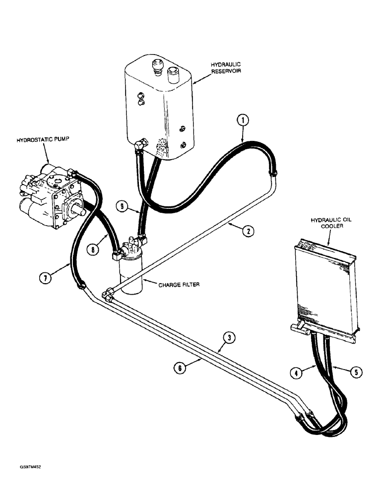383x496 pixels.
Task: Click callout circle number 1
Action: (x=243, y=120)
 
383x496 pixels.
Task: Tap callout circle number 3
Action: (x=229, y=338)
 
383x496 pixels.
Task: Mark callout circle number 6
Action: (x=180, y=368)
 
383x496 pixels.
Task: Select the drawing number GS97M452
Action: (x=34, y=467)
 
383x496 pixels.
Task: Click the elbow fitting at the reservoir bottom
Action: (x=140, y=144)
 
